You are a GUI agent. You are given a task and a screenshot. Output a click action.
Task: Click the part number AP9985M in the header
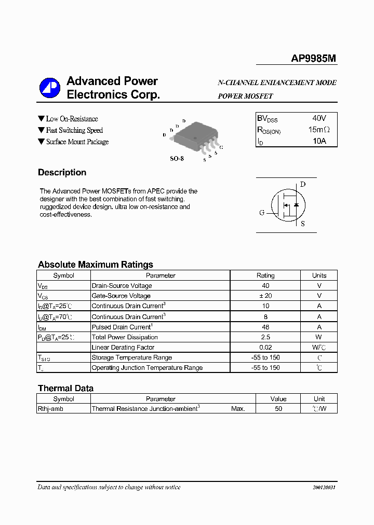(x=313, y=59)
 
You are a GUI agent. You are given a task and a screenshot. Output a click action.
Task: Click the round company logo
(x=50, y=88)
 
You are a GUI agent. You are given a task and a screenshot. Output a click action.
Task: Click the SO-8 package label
(x=177, y=158)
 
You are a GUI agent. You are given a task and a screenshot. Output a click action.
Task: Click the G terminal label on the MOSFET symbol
(x=262, y=213)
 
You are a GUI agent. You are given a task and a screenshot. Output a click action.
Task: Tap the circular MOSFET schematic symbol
(x=287, y=205)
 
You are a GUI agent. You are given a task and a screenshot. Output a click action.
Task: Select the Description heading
(x=62, y=173)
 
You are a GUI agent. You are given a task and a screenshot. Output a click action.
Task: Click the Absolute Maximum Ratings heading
(x=96, y=265)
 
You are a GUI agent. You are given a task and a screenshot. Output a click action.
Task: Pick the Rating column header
(x=265, y=275)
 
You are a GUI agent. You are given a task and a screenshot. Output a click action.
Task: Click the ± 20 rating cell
(x=265, y=296)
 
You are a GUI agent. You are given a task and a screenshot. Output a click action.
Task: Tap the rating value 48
(x=265, y=327)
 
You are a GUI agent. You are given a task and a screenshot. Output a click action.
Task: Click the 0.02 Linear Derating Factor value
(x=265, y=347)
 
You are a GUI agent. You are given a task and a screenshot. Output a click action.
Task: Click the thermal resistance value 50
(x=278, y=409)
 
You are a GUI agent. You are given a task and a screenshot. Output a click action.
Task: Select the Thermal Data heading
(x=65, y=388)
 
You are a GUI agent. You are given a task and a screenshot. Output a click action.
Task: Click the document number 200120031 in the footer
(x=324, y=488)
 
